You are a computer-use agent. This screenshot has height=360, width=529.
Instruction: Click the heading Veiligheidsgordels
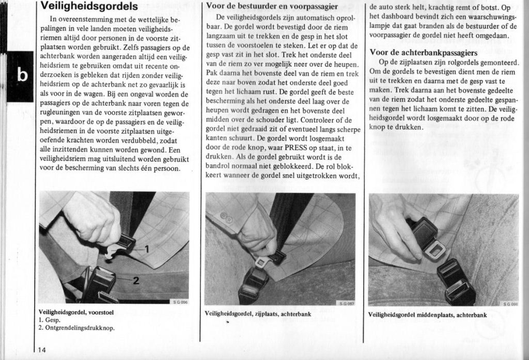click(89, 7)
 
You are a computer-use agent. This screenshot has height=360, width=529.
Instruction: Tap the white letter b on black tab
click(22, 75)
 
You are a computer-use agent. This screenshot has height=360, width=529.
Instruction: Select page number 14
click(42, 350)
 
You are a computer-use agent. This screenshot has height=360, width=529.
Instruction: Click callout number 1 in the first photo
click(146, 249)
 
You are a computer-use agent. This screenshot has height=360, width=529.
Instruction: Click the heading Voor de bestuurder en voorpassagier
click(272, 7)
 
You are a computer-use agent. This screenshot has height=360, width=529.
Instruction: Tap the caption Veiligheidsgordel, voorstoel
click(76, 312)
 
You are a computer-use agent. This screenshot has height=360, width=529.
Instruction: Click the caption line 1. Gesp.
click(50, 320)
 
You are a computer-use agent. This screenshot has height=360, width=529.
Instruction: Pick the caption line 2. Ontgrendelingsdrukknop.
click(76, 327)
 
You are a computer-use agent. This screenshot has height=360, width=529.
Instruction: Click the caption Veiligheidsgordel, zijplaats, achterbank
click(258, 313)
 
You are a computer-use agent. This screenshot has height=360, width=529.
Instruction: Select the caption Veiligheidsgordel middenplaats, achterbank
click(427, 314)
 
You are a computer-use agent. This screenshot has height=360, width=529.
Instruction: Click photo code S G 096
click(180, 302)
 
